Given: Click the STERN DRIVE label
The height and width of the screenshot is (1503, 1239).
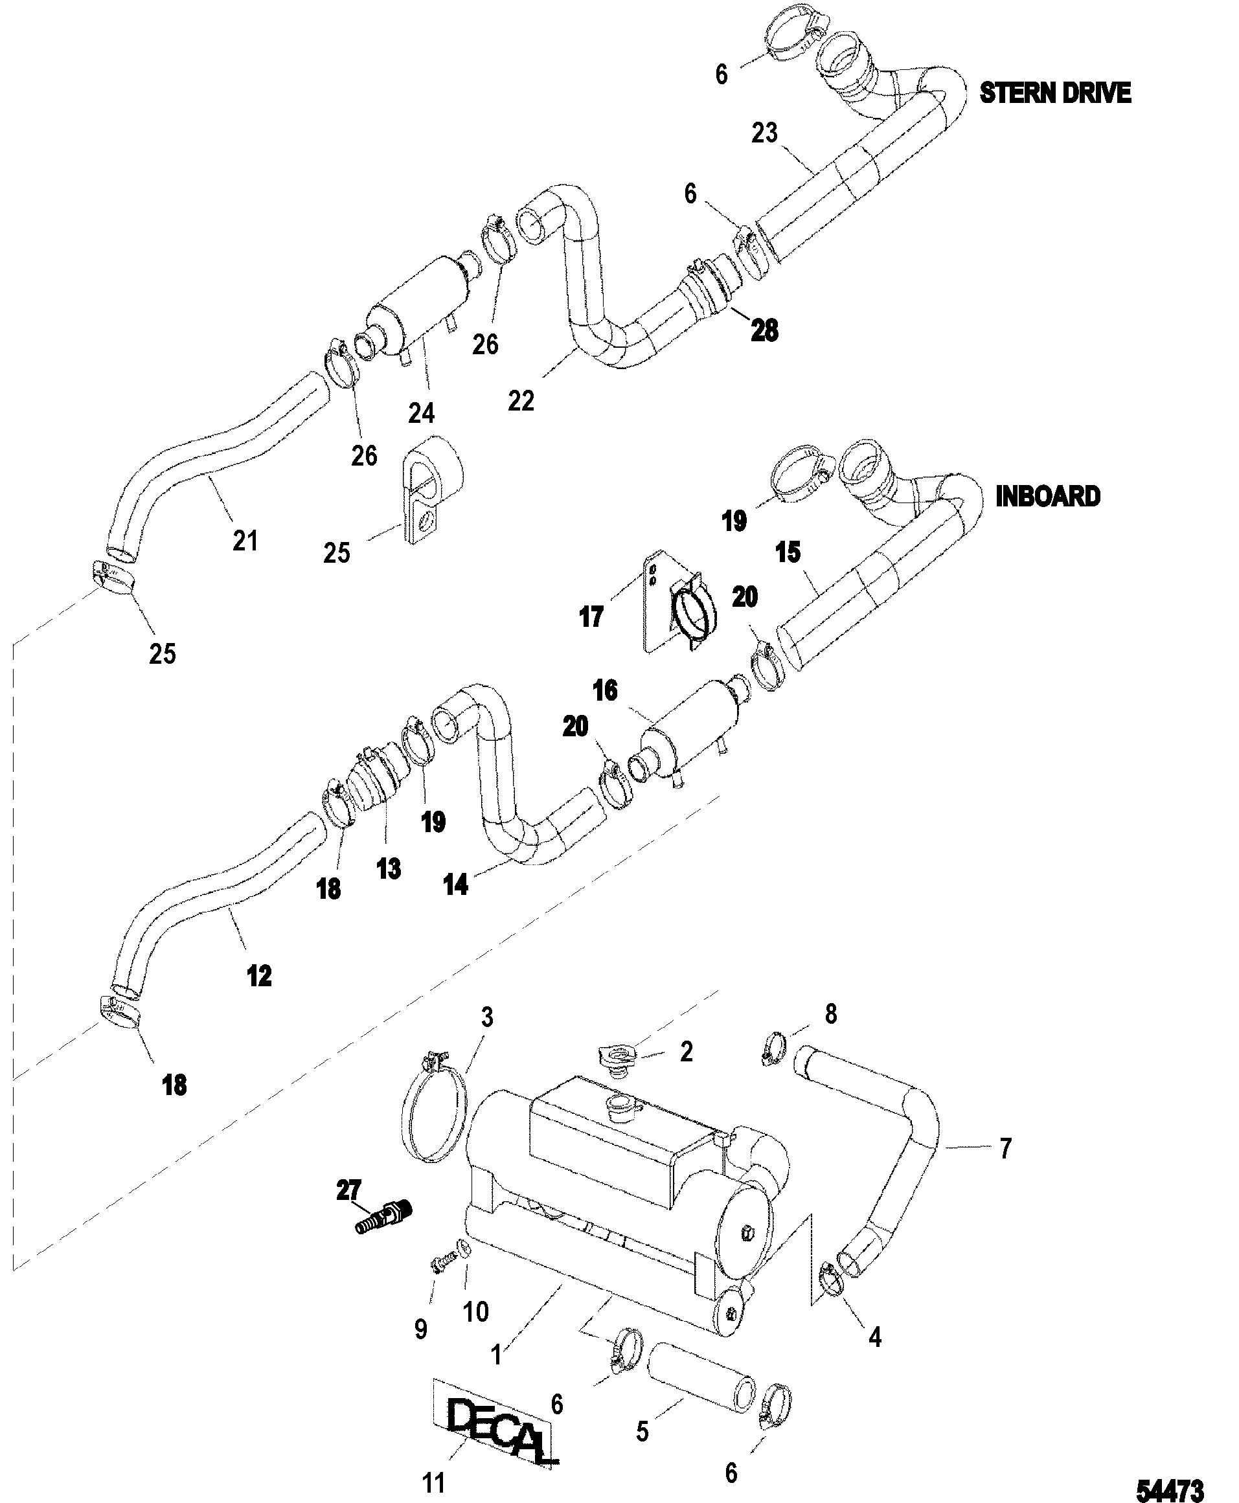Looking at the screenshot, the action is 1055,93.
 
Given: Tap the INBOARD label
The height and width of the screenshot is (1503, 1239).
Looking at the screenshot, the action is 1048,497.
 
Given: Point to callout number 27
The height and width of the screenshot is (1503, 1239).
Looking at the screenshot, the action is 349,1190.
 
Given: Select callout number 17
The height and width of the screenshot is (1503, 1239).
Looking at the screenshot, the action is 591,616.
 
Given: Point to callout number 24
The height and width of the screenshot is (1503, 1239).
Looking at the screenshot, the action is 421,412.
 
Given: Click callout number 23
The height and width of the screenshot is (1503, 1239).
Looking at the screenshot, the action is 764,133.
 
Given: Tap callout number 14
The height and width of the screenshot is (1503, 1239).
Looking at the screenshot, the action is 456,885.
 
